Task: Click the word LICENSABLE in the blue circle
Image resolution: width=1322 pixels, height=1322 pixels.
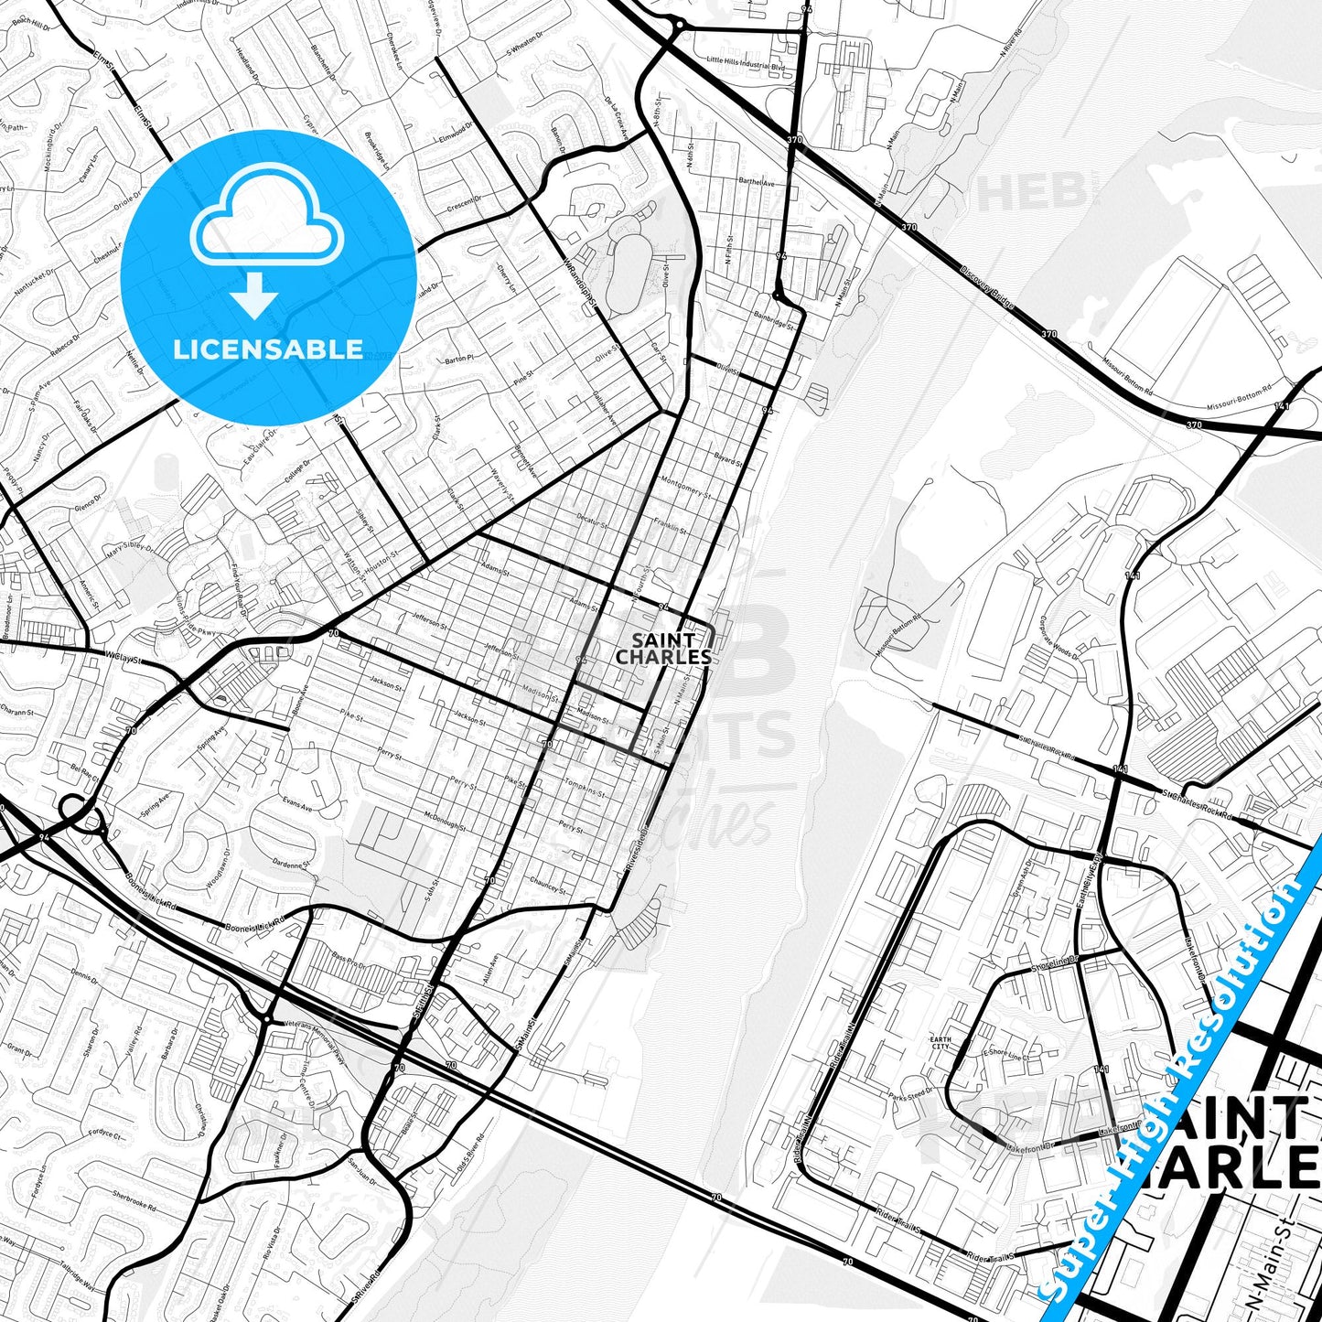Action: tap(268, 349)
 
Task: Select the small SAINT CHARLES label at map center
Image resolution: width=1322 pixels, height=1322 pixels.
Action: tap(663, 649)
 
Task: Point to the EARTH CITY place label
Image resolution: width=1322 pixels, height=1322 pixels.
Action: tap(940, 1044)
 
